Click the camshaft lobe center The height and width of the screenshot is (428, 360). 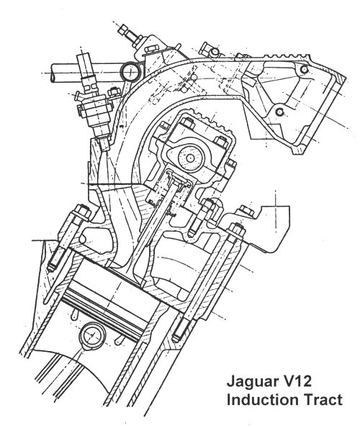pos(190,158)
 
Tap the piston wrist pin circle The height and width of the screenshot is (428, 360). pos(92,336)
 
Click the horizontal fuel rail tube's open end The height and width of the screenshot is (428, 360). pos(54,73)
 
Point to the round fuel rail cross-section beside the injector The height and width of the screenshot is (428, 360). pos(130,71)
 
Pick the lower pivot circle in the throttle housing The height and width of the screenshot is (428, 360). pos(279,112)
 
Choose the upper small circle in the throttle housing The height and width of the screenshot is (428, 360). pos(304,69)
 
